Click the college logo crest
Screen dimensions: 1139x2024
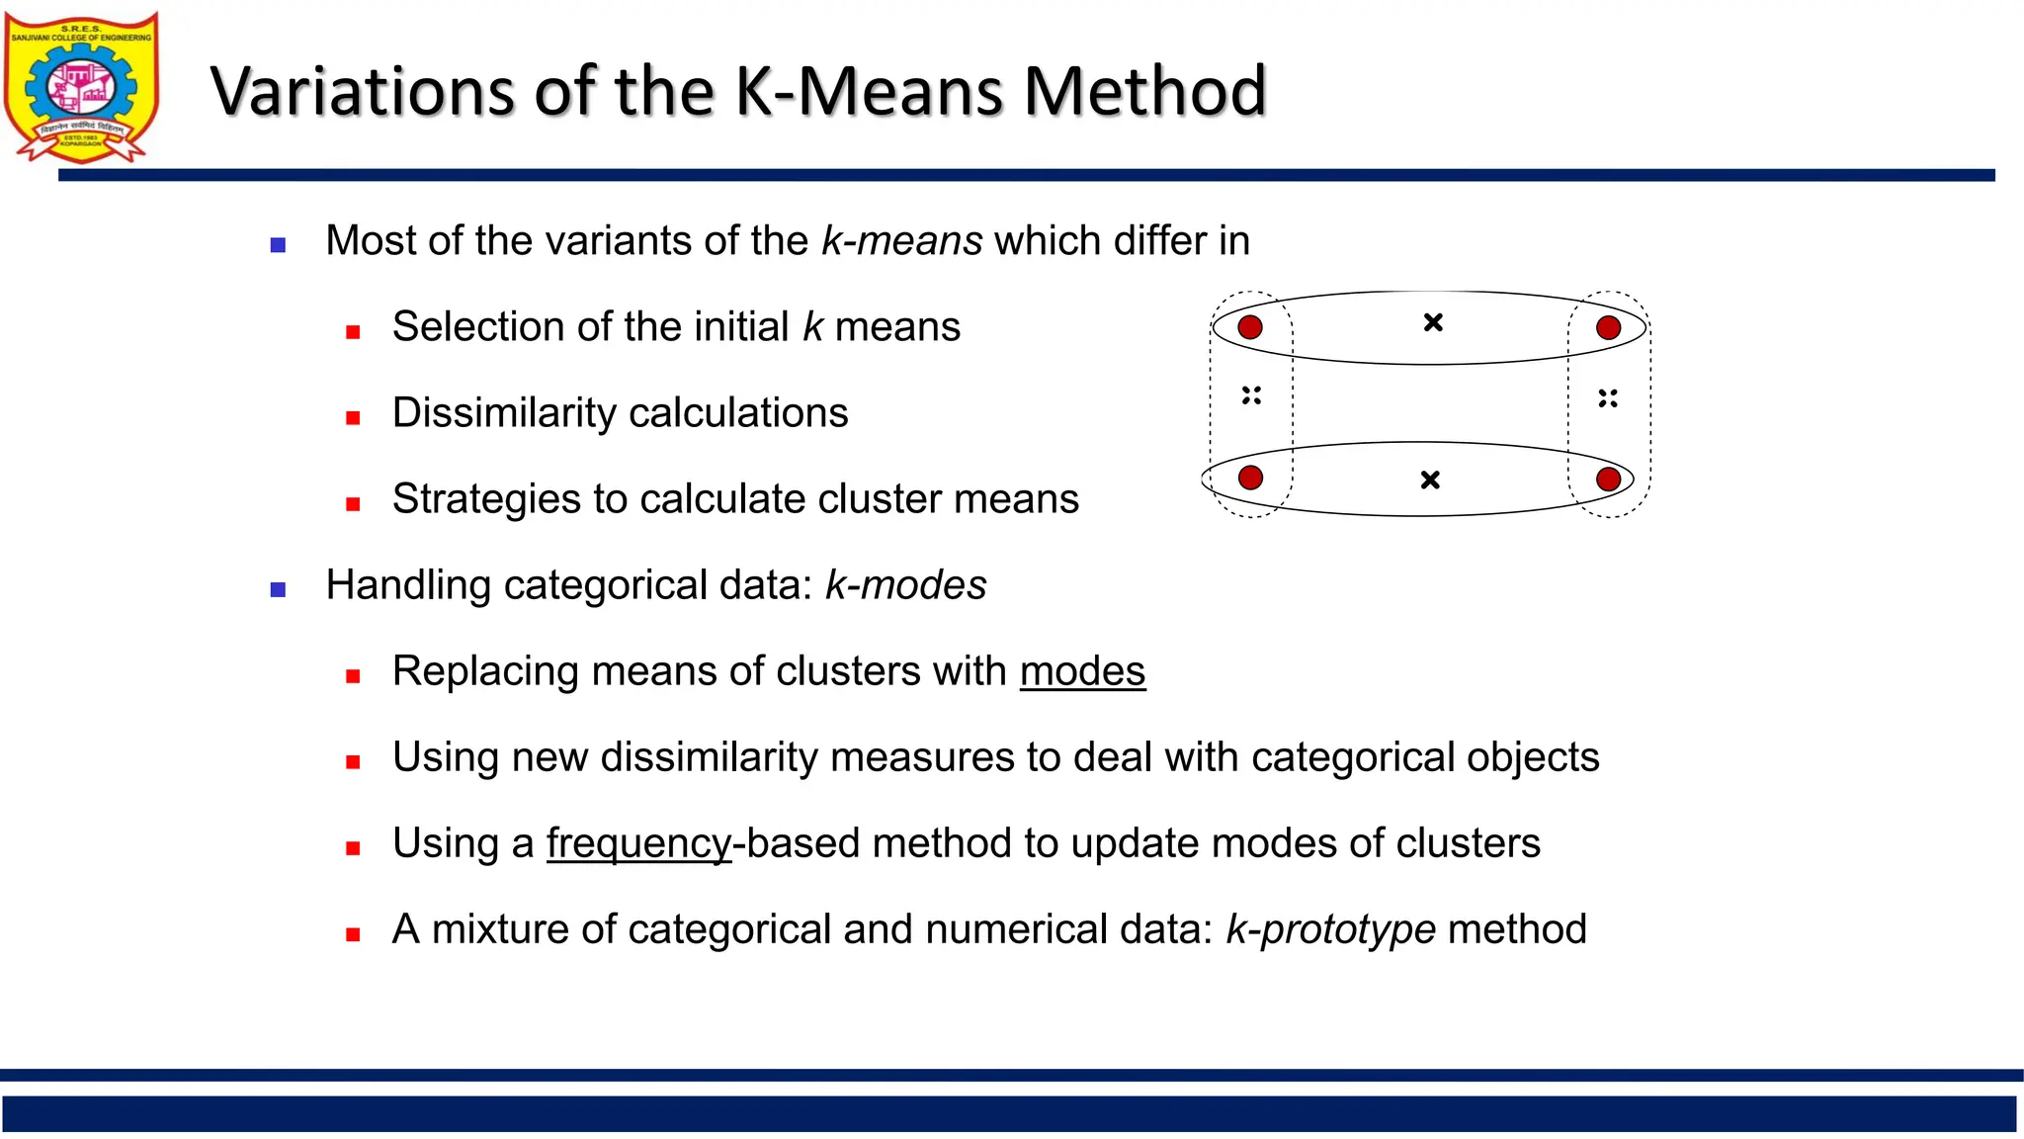81,87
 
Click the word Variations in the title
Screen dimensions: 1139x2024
362,91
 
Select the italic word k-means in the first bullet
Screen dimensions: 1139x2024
901,241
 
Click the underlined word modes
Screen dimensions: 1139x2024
1082,671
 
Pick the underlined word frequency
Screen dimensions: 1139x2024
638,843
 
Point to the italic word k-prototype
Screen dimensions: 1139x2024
1330,929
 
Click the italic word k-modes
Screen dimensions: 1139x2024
905,585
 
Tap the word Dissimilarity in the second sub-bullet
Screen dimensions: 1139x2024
510,413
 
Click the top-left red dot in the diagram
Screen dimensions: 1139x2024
1250,327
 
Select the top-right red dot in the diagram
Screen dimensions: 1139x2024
1608,327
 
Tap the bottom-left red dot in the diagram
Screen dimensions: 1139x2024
1250,478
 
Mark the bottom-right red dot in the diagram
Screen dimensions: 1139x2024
1608,480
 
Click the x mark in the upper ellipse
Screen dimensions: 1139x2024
1433,322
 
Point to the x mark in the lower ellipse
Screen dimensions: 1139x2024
1430,481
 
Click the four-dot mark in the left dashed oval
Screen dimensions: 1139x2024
1251,395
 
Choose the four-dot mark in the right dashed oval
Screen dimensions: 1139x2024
1608,398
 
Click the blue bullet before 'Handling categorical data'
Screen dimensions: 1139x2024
278,590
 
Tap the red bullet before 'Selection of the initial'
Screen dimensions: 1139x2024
353,332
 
